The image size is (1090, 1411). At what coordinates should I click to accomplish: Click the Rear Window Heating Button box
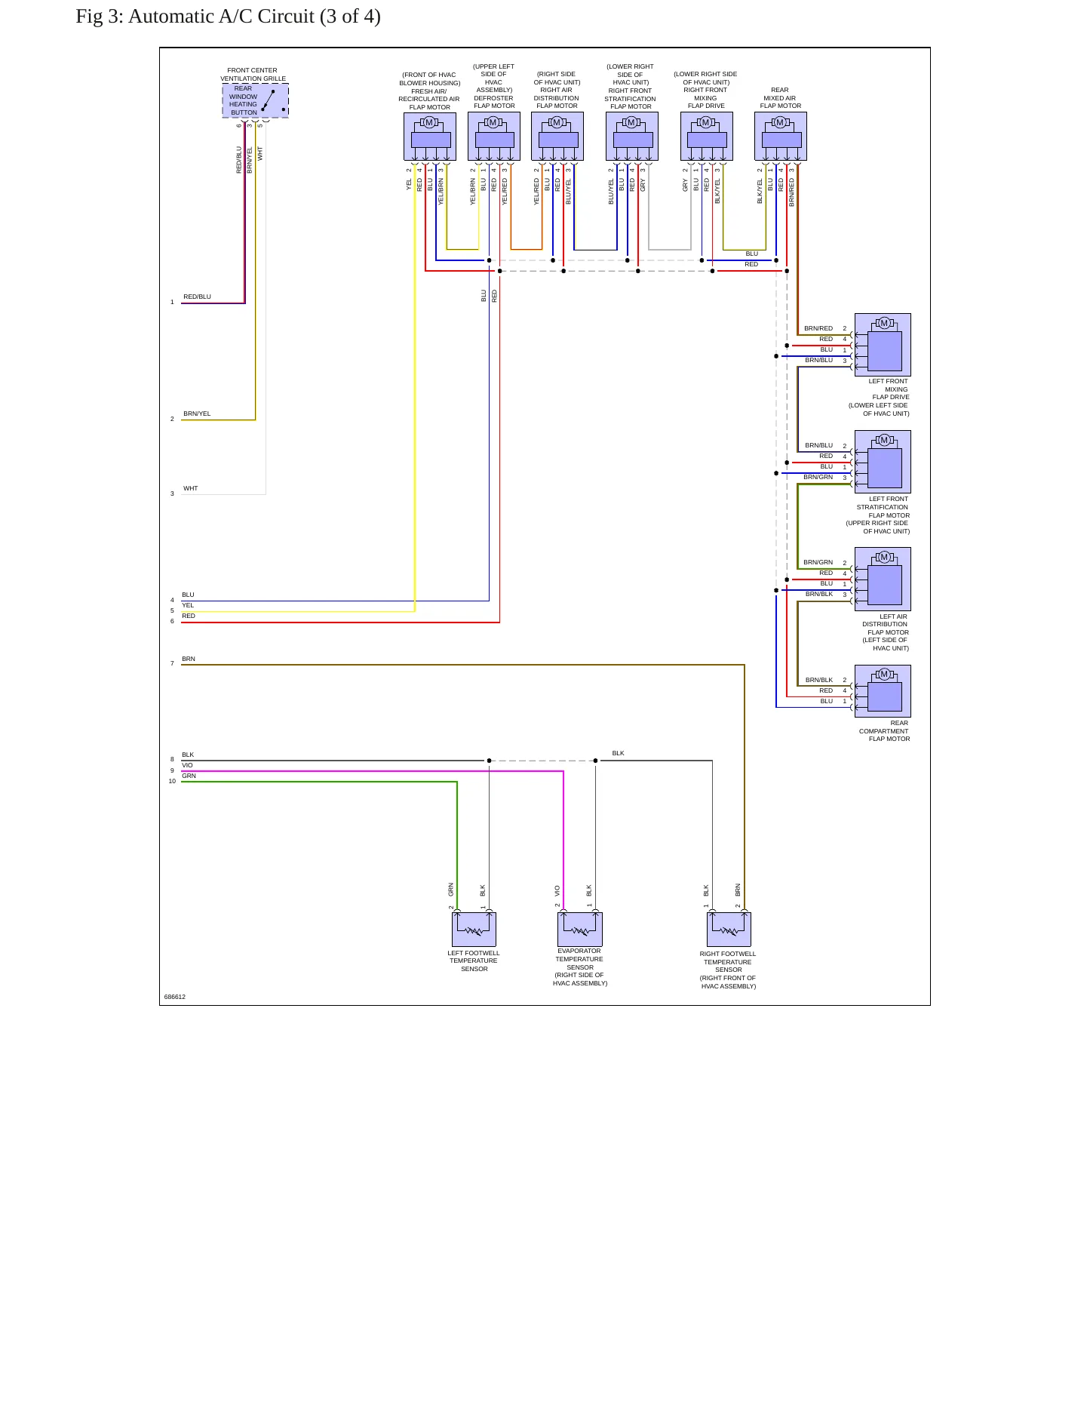click(255, 100)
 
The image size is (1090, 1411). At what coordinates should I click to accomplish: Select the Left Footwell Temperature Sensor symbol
click(474, 929)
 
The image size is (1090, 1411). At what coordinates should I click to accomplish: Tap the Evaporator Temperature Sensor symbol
click(580, 929)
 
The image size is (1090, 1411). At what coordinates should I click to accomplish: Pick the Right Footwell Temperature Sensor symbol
click(729, 929)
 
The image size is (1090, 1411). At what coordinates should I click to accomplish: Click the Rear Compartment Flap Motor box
click(883, 691)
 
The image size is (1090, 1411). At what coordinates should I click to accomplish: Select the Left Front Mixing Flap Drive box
click(883, 345)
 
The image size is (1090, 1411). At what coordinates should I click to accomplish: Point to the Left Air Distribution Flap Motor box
click(883, 579)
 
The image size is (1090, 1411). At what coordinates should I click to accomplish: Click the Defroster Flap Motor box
click(494, 137)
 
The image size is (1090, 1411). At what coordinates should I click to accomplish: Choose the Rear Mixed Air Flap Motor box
click(781, 137)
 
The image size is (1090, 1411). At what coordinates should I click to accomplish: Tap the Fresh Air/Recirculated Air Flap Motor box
click(430, 137)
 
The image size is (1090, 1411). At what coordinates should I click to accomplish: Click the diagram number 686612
click(175, 997)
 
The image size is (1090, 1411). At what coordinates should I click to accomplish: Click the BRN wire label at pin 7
click(189, 659)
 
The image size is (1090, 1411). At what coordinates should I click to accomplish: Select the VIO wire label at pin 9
click(187, 765)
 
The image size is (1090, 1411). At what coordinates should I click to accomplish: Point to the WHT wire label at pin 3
click(191, 488)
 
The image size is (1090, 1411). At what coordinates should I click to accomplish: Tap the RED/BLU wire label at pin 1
click(198, 297)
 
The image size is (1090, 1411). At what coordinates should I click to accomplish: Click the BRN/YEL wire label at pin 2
click(197, 413)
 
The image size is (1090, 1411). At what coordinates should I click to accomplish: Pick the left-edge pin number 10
click(172, 781)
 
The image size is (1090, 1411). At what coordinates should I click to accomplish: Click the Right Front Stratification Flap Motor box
click(632, 137)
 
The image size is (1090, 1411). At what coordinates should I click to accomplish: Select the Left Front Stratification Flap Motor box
click(883, 462)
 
